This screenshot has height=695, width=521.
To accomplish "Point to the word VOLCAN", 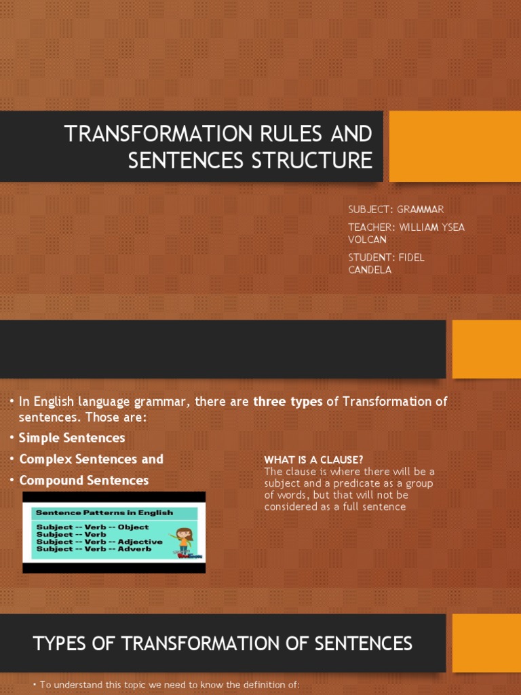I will [366, 240].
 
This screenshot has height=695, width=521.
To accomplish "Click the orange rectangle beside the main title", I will [455, 146].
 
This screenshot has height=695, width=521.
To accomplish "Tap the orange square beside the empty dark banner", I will [486, 349].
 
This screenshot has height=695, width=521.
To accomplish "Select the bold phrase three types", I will [288, 402].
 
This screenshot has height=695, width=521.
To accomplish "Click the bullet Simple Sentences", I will [72, 438].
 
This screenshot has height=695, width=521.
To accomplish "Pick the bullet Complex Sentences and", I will [91, 459].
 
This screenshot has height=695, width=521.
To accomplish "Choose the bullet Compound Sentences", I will [83, 480].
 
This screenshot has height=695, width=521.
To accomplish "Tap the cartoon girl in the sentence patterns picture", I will [184, 539].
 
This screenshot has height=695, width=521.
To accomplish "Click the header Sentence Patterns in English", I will [104, 512].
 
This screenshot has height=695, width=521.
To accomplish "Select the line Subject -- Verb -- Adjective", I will [99, 542].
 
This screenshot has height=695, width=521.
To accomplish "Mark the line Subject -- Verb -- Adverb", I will [94, 549].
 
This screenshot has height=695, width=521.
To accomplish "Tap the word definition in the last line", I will [230, 685].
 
